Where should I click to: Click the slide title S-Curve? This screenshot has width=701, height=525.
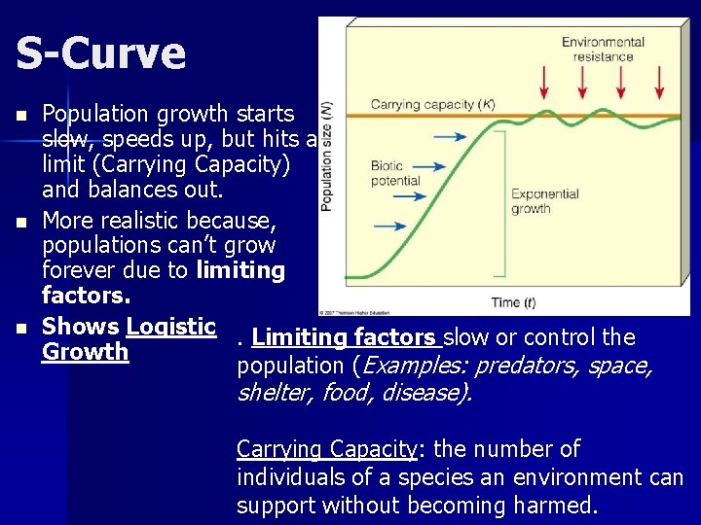coord(100,54)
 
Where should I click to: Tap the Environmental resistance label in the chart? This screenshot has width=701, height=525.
coord(603,49)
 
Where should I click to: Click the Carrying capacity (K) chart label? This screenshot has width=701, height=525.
coord(419,104)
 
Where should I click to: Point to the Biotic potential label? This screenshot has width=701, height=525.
coord(395,174)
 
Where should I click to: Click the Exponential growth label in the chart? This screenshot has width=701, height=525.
coord(544,200)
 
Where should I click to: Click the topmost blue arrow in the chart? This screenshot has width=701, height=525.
coord(449,137)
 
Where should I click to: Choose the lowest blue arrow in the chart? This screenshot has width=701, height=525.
coord(390,226)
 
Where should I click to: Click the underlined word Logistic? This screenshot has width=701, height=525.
coord(170,327)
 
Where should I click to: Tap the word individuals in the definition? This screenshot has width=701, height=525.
coord(287,477)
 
